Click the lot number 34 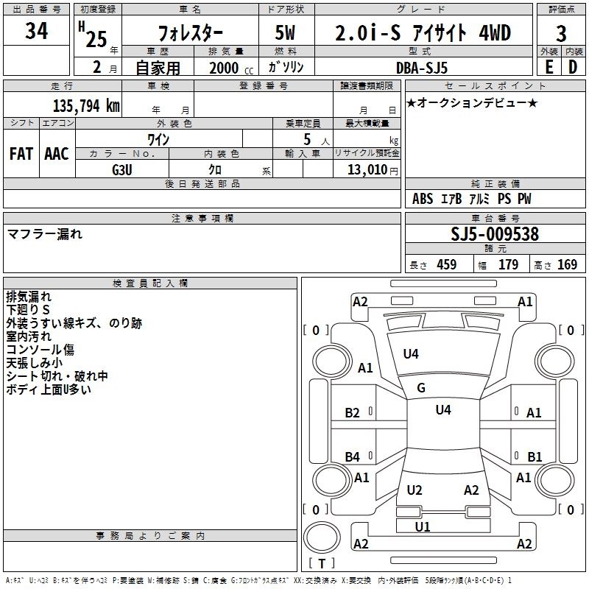coord(36,32)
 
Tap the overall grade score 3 coord(561,34)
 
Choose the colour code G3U coord(121,169)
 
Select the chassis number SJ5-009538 coord(495,235)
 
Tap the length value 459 coord(446,265)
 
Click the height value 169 coord(567,265)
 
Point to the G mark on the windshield coord(421,388)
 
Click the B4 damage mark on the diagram coord(353,457)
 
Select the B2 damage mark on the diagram coord(353,413)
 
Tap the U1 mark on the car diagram coord(423,526)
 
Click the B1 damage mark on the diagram coord(535,456)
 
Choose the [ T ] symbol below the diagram coord(321,564)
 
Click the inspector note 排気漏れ coord(29,297)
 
